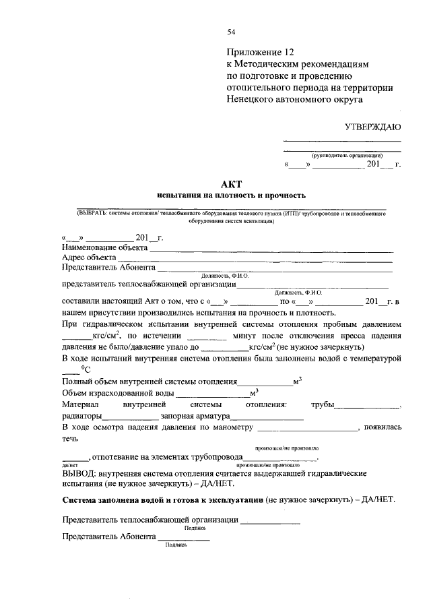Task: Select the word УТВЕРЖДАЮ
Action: pos(373,127)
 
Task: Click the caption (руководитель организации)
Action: pos(343,155)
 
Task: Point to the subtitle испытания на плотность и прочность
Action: pos(231,195)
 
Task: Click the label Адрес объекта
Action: pos(88,257)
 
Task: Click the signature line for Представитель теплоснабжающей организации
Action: pos(271,522)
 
